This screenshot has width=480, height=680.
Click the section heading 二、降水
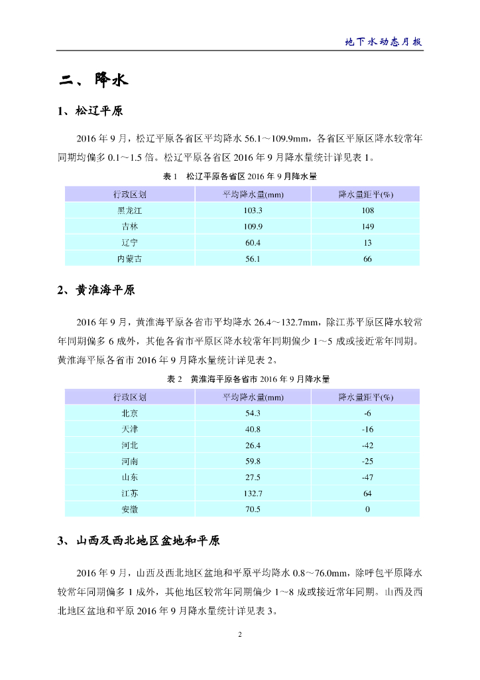click(x=92, y=81)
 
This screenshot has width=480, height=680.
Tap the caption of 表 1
click(x=240, y=177)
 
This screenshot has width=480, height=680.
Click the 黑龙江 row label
click(x=129, y=211)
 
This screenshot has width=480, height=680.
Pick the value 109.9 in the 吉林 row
click(x=253, y=226)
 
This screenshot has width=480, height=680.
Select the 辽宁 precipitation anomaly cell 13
click(x=367, y=242)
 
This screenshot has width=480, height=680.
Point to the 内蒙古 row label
click(x=129, y=258)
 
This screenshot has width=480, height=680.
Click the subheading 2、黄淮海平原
click(x=96, y=290)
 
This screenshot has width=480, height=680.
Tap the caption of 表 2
click(x=248, y=379)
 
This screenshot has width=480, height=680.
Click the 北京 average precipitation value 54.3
click(x=253, y=413)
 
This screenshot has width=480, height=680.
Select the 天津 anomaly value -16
click(x=367, y=429)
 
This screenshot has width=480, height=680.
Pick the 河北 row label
click(x=129, y=445)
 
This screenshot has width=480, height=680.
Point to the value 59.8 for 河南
click(x=253, y=462)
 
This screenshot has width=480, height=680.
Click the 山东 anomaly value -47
click(x=367, y=477)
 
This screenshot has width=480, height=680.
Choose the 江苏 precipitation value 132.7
click(x=253, y=493)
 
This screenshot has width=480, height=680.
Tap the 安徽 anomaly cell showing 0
click(x=367, y=509)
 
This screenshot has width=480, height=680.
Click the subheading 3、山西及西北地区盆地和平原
click(x=139, y=541)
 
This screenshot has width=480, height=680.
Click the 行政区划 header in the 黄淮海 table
click(x=129, y=397)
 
